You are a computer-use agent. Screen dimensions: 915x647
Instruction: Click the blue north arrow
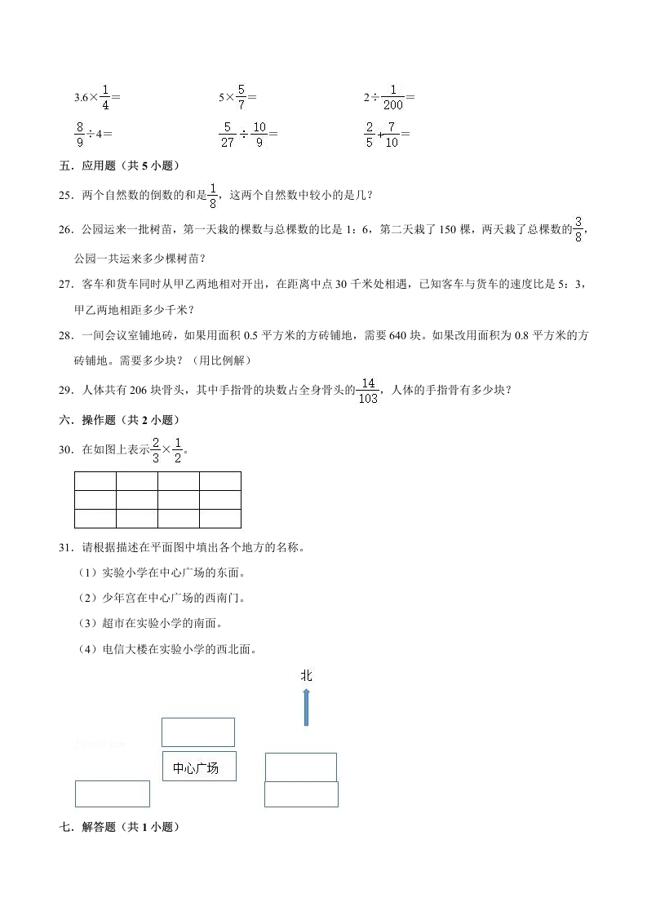click(306, 706)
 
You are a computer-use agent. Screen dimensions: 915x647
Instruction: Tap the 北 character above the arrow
click(306, 675)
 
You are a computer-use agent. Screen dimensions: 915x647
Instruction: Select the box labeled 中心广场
click(198, 767)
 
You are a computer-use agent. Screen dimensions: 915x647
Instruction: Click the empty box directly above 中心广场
click(198, 732)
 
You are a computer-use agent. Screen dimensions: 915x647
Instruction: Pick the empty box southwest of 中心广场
click(113, 793)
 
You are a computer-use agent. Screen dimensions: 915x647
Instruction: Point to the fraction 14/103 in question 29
click(370, 391)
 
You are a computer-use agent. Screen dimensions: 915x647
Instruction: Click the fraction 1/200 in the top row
click(393, 98)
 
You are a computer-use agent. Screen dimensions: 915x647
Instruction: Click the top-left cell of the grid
click(95, 480)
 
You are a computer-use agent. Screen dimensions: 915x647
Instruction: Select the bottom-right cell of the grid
click(220, 519)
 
